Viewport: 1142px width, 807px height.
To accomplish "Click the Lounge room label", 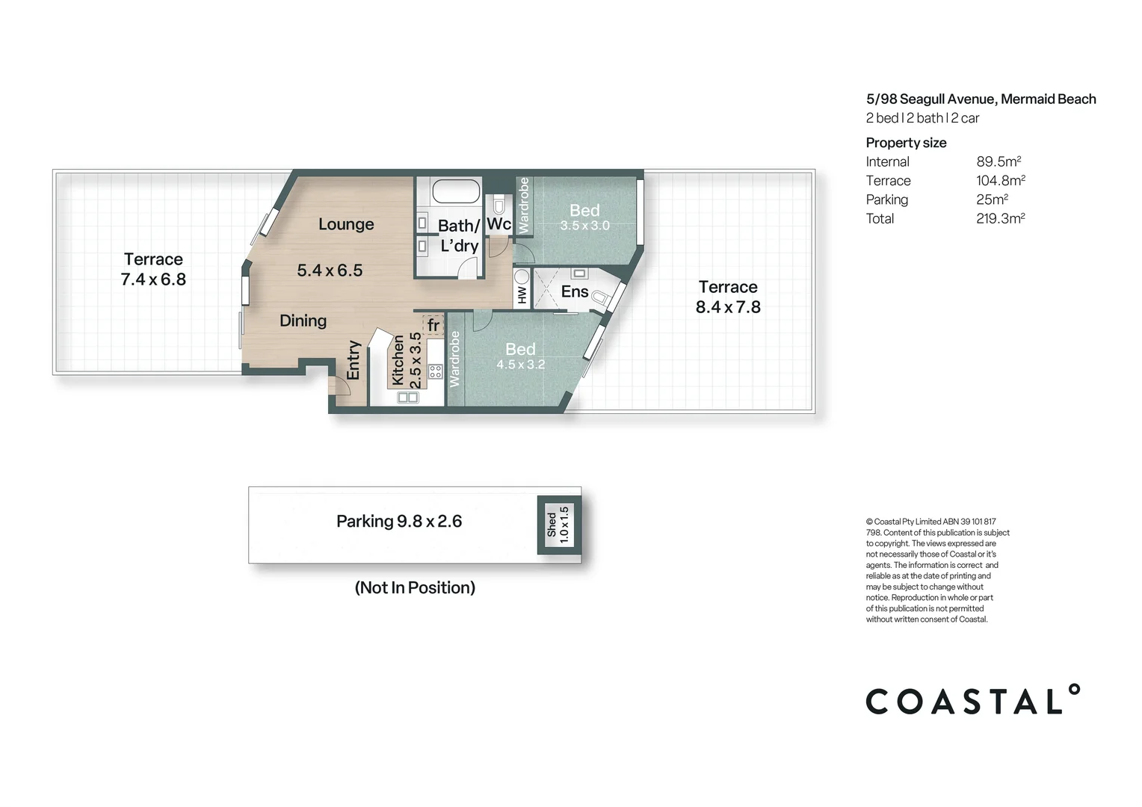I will click(x=346, y=224).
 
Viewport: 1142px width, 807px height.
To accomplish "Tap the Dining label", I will click(x=303, y=321).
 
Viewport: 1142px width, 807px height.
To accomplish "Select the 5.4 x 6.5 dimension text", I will click(x=330, y=270).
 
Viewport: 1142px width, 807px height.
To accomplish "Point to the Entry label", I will click(x=354, y=360).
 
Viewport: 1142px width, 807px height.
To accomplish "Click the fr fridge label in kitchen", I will click(x=433, y=325).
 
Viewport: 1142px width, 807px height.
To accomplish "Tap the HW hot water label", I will click(x=522, y=294).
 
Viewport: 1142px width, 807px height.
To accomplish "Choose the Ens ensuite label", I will click(x=575, y=291).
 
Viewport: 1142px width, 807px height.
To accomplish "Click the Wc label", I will click(x=499, y=223).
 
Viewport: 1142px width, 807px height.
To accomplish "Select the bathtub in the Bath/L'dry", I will click(x=456, y=191).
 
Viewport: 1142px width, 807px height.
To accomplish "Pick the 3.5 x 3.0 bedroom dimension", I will click(x=584, y=226).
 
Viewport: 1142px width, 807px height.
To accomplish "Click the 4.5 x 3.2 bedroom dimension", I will click(x=520, y=365).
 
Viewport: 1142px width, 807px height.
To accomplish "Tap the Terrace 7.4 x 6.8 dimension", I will click(x=153, y=279).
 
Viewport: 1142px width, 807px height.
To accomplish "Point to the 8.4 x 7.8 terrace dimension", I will click(x=728, y=307).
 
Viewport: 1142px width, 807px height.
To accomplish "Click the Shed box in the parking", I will click(x=558, y=525).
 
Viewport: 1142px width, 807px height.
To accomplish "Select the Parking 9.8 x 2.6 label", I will click(x=399, y=522).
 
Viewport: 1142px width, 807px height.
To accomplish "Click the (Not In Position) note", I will click(x=415, y=588).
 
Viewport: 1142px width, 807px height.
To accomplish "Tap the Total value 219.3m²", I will click(x=1000, y=219).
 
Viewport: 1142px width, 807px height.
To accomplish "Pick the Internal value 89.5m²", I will click(x=999, y=162).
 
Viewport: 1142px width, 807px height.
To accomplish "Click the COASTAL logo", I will click(x=972, y=700).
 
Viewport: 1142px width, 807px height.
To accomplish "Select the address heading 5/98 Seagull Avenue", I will click(x=981, y=99).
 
